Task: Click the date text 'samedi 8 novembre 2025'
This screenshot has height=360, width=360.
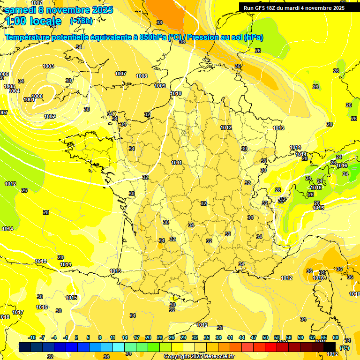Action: point(59,10)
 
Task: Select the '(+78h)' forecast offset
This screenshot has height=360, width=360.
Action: point(81,21)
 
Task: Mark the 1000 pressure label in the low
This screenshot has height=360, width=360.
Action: point(37,96)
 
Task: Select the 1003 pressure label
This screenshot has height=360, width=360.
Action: point(48,66)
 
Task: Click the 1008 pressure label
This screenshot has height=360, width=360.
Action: point(142,76)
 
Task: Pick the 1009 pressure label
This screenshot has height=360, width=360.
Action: point(160,86)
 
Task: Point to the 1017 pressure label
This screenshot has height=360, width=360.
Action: point(18,312)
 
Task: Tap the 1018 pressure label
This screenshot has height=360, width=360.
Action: point(5,317)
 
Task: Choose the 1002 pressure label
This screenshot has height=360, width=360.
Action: point(50,116)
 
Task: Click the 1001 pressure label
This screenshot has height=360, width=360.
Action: point(29,99)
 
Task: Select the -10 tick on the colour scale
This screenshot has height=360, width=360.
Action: point(32,337)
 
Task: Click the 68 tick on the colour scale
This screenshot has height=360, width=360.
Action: point(336,337)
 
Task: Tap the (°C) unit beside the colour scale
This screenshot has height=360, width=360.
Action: point(345,347)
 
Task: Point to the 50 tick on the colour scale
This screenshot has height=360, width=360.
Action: point(265,337)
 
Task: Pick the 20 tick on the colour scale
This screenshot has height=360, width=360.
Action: point(148,337)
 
